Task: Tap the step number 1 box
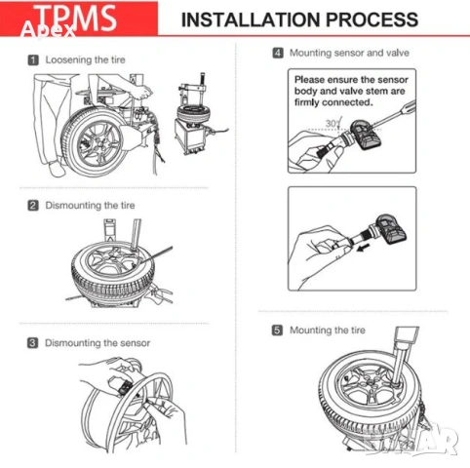coord(33,60)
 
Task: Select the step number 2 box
coord(33,205)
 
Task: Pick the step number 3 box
coord(33,342)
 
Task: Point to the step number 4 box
coord(278,52)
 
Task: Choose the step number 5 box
coord(278,331)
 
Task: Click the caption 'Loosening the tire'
coord(85,60)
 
